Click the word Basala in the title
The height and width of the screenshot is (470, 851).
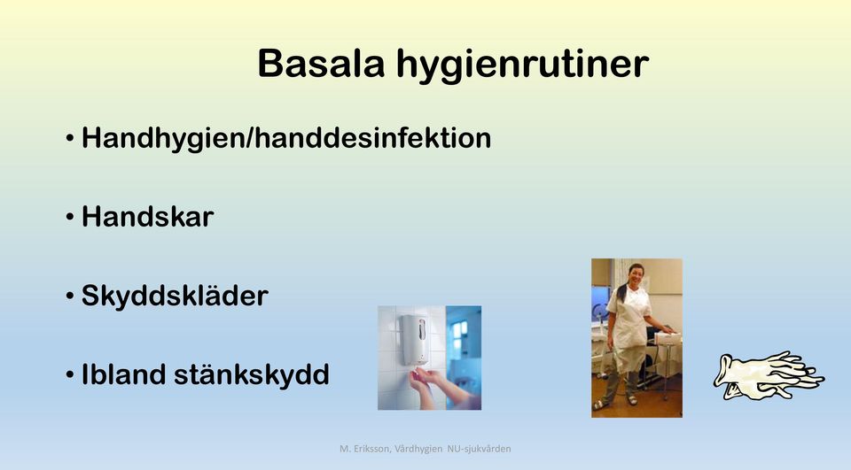pos(321,64)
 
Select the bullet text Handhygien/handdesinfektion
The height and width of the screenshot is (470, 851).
pos(286,138)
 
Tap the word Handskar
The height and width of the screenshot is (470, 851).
pos(148,216)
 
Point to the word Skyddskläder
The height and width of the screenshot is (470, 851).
pos(175,296)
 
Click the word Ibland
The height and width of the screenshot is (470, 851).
pos(123,374)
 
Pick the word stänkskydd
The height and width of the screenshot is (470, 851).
pos(251,375)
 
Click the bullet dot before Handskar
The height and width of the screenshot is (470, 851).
pos(70,217)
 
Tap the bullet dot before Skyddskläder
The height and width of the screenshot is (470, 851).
pos(70,296)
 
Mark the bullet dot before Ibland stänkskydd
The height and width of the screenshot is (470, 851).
pos(70,374)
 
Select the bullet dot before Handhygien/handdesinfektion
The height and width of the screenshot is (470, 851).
pos(70,138)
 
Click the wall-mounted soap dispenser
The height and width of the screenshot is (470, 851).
pos(415,339)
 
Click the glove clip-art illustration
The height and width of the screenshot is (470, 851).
pos(769,375)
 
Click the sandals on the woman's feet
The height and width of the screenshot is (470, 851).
pos(615,402)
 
